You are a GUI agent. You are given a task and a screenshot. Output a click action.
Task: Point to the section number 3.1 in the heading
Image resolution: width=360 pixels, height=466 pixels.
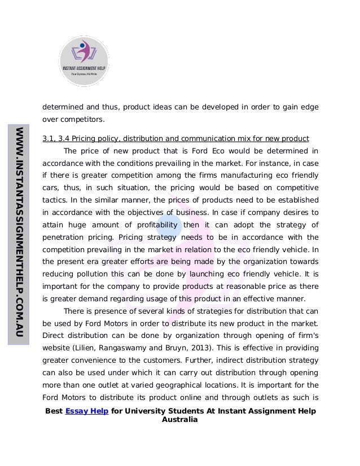coord(49,138)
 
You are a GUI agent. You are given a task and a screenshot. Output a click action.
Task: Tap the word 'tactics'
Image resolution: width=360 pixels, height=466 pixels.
coord(54,200)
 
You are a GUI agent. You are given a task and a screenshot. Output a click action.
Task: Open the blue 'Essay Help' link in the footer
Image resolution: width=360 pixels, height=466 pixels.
coord(87,411)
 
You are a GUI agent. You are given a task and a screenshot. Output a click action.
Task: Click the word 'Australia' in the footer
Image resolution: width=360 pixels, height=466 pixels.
coord(180,420)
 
